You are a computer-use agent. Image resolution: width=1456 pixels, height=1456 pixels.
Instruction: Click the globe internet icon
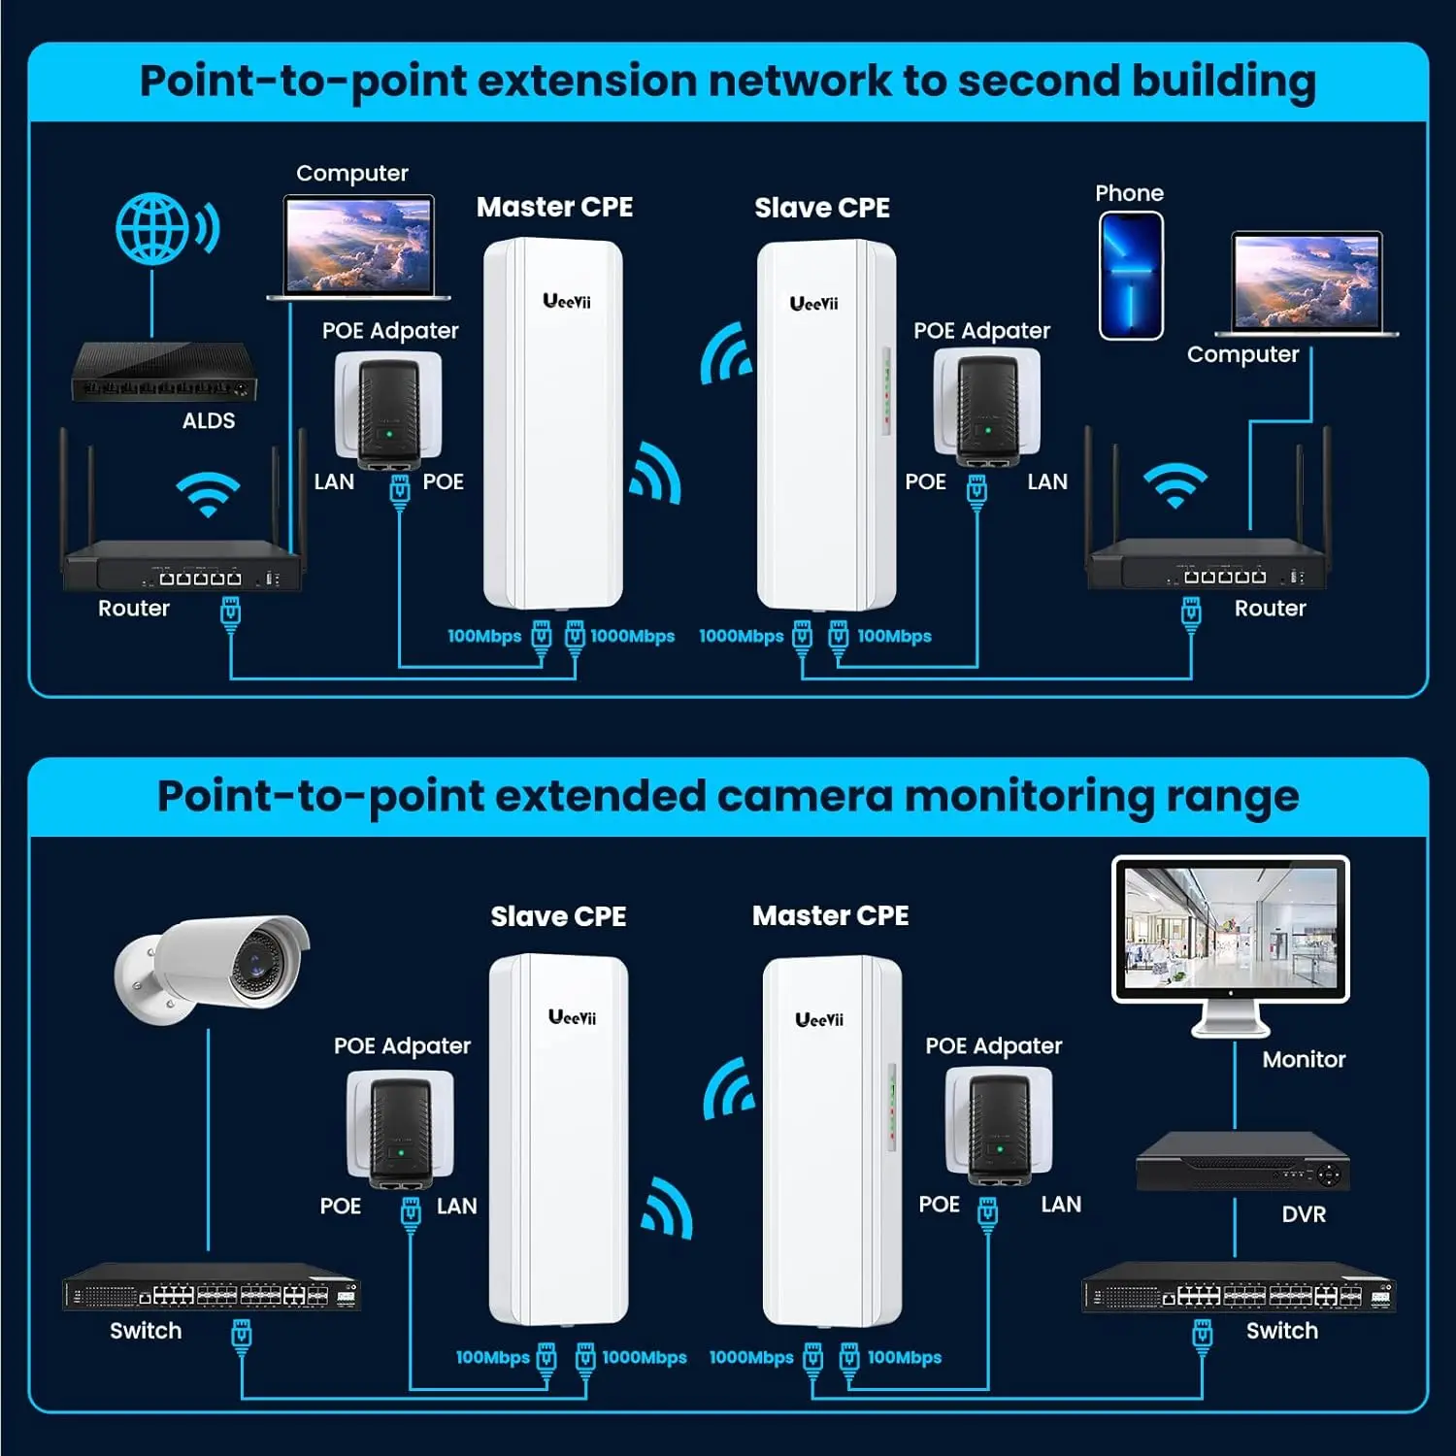coord(151,229)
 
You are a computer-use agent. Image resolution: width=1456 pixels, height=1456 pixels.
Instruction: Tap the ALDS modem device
coord(164,373)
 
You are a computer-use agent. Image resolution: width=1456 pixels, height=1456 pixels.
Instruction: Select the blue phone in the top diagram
coord(1131,276)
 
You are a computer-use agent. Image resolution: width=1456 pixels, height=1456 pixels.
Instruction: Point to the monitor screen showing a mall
coord(1230,929)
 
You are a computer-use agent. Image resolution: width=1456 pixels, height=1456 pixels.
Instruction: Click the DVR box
coord(1242,1163)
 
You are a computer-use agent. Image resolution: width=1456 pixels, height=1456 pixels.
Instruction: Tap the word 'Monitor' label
coord(1304,1059)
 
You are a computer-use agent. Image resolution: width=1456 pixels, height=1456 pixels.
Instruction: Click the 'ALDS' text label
coord(209,420)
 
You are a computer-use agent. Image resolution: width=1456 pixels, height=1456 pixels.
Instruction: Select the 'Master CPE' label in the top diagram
coord(554,207)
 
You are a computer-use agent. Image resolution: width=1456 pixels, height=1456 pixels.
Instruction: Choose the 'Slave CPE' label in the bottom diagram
coord(558,916)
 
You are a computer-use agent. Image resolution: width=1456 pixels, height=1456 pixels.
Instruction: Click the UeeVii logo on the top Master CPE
coord(567,301)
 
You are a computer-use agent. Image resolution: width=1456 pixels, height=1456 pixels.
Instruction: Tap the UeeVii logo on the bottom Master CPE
coord(819,1019)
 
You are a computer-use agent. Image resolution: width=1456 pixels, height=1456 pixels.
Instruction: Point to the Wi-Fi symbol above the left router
coord(207,494)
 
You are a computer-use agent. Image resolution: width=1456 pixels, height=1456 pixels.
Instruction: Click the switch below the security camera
coord(212,1288)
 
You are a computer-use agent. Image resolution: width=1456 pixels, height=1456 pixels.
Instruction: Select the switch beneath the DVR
coord(1238,1289)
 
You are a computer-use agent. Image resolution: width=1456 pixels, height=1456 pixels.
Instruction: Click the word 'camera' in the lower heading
coord(803,796)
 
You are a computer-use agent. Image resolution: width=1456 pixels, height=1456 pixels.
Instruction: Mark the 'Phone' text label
coord(1129,193)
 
